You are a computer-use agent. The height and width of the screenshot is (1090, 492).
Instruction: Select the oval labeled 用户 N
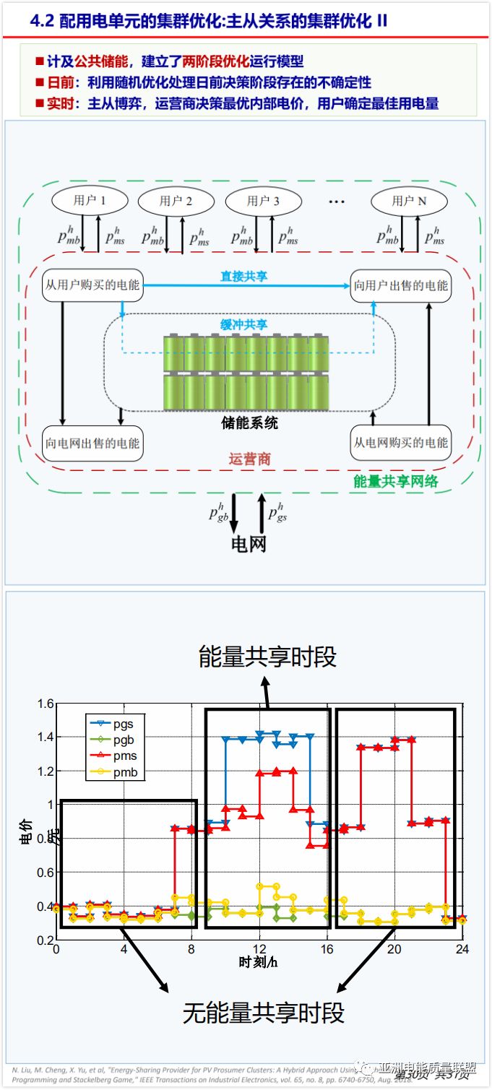(409, 201)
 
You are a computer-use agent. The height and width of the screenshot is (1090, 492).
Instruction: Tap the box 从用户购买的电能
(93, 285)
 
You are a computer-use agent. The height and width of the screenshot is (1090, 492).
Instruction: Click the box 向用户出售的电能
(400, 285)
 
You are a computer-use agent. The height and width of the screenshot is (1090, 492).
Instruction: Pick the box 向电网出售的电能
(92, 443)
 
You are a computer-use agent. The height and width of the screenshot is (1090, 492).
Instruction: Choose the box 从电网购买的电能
(400, 443)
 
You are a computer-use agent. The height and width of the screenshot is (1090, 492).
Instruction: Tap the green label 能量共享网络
(395, 482)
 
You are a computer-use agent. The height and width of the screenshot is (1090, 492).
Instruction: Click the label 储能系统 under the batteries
(249, 423)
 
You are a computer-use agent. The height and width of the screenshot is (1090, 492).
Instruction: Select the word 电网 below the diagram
(249, 543)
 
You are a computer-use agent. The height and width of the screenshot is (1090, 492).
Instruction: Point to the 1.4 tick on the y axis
(43, 737)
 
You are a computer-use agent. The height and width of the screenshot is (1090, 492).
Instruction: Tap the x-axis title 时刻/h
(259, 963)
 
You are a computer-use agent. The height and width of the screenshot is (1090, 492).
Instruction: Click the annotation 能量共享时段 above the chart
(267, 657)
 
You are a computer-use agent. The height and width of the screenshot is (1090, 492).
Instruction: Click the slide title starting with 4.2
(210, 21)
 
